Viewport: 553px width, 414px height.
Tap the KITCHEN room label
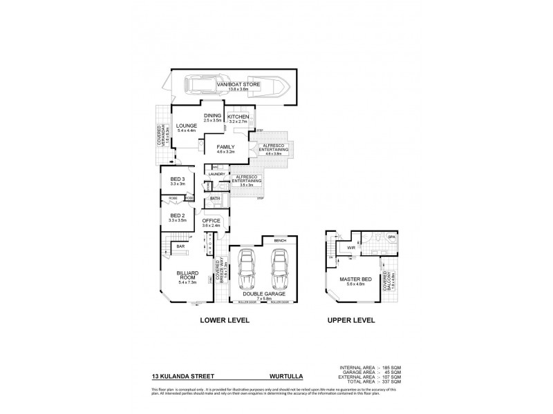click(238, 117)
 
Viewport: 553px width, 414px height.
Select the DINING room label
click(212, 116)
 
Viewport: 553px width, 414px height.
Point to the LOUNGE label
click(187, 126)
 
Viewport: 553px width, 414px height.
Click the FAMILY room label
click(225, 147)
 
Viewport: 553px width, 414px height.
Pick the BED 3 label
click(178, 180)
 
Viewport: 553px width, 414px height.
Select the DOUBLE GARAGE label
click(264, 293)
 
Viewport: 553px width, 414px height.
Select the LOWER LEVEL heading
click(225, 321)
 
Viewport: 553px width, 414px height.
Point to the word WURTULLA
click(285, 377)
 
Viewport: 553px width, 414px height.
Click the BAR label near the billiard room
click(180, 246)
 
